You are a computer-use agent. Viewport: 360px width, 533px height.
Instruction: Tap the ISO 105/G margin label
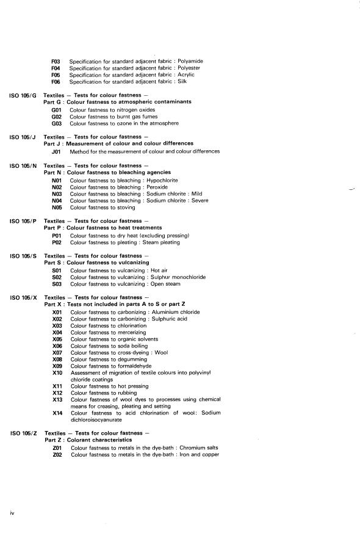tap(23, 96)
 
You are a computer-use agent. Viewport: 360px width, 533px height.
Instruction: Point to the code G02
tap(57, 116)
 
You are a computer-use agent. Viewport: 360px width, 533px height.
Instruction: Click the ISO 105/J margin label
tap(23, 137)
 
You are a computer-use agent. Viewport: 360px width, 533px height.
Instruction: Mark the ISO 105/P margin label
tap(23, 221)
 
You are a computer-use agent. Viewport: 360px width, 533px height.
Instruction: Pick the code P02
tap(58, 242)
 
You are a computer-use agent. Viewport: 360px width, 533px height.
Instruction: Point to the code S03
tap(57, 284)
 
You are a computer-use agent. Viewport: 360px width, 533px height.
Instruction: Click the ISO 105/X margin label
tap(23, 297)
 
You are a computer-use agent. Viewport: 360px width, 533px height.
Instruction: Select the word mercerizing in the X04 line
tap(133, 332)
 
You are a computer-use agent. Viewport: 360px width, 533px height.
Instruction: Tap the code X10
tap(58, 372)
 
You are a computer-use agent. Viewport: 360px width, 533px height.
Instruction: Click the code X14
tap(58, 413)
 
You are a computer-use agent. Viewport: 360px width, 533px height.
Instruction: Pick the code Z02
tap(58, 454)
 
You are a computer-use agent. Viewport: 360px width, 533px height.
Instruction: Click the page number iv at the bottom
tap(12, 513)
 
